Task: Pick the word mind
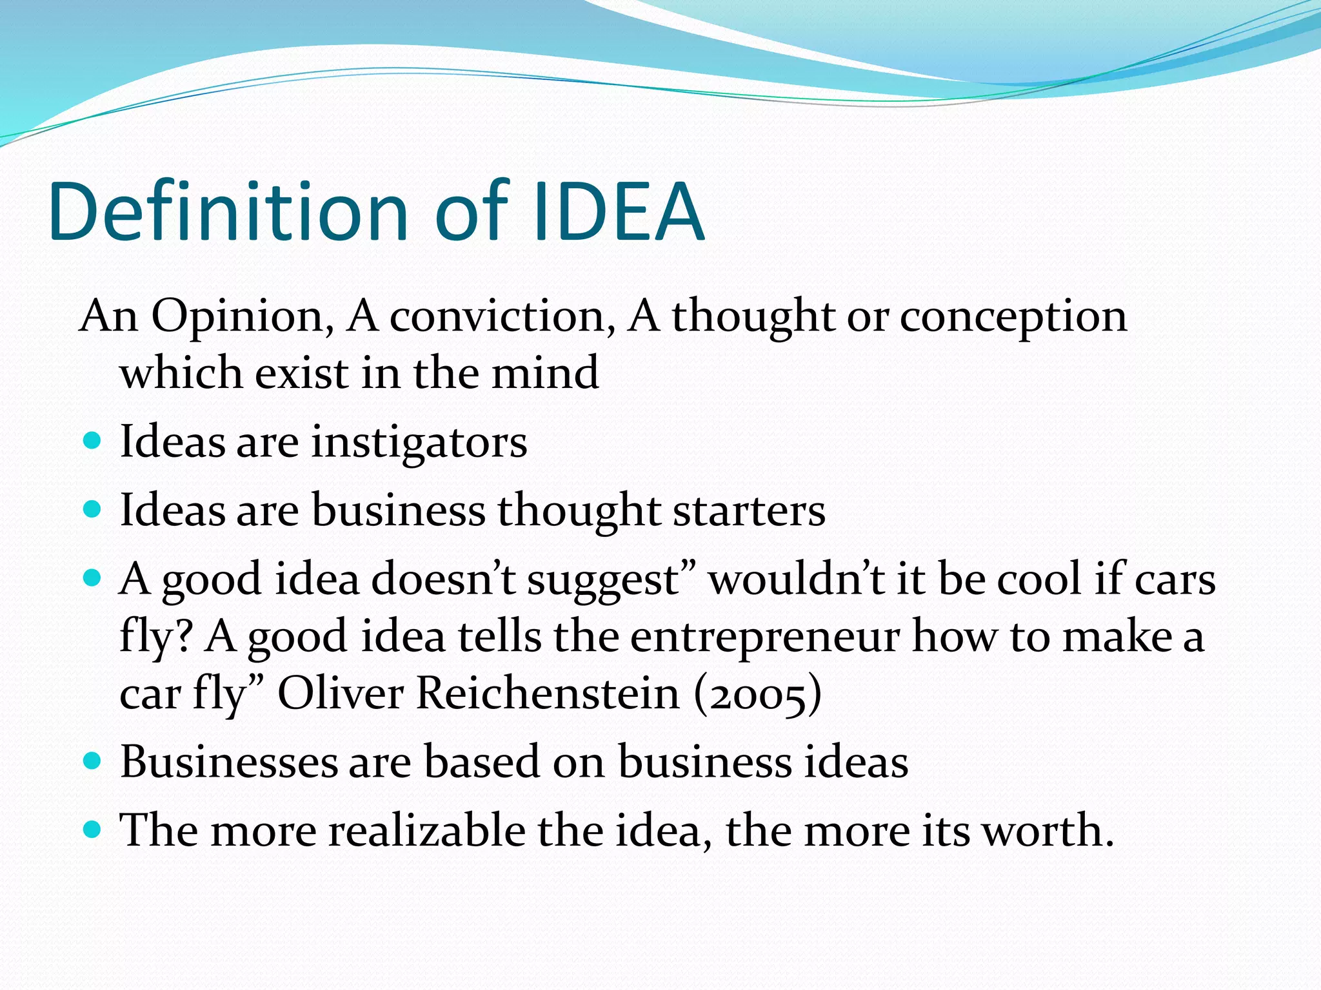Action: (545, 373)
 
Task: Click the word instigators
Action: (419, 442)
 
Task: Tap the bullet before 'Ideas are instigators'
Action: (93, 441)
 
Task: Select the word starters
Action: (749, 510)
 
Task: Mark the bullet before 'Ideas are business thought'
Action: (93, 510)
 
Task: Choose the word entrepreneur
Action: (765, 637)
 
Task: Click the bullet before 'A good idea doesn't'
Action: (93, 577)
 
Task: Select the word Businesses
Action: (229, 762)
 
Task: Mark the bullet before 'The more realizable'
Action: (93, 829)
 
